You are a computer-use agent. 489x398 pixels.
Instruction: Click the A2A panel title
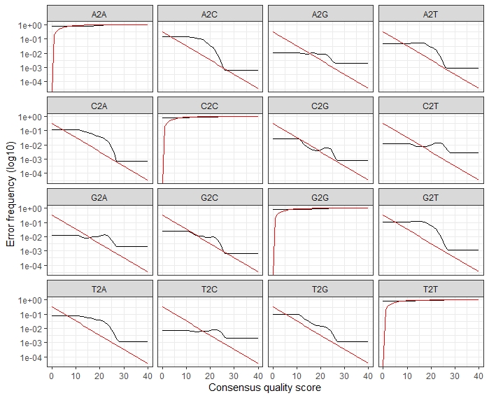coord(99,13)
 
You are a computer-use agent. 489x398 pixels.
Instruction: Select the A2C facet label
coord(210,13)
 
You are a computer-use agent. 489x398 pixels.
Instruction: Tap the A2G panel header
coord(320,13)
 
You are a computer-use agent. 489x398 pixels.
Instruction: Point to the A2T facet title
coord(430,13)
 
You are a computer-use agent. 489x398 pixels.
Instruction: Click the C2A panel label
coord(99,105)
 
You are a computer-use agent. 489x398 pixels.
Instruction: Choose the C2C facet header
coord(210,105)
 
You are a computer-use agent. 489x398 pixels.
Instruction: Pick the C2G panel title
coord(320,105)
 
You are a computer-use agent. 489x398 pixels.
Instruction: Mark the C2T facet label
coord(430,105)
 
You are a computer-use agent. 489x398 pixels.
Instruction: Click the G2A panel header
coord(99,197)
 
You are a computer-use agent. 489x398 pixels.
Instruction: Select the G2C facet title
coord(210,197)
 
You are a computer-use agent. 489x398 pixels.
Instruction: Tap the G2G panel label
coord(320,197)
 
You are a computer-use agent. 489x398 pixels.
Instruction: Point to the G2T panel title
coord(430,197)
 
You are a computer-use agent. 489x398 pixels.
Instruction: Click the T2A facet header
coord(99,289)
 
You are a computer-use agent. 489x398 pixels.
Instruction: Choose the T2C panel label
coord(210,289)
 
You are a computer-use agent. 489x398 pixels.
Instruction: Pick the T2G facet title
coord(320,289)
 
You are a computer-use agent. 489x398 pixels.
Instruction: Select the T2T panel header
coord(430,289)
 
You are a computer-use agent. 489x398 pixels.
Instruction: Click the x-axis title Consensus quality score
coord(264,387)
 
